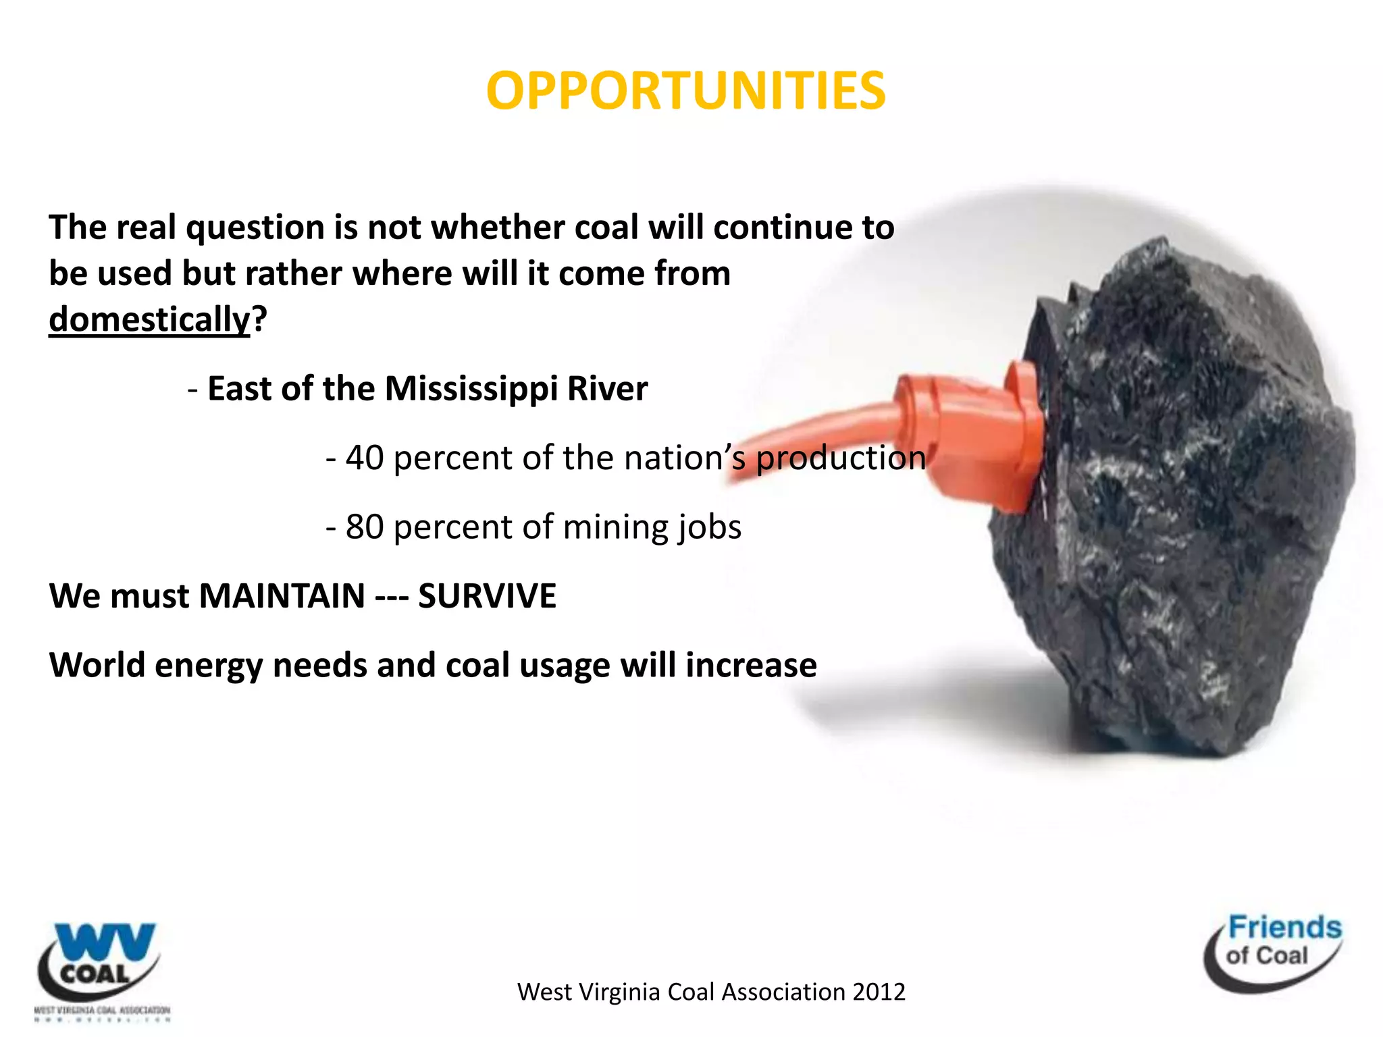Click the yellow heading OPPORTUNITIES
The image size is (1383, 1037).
pos(685,91)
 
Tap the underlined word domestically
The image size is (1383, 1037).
pos(149,319)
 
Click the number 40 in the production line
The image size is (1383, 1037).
pos(365,458)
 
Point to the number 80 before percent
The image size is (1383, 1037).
pos(365,527)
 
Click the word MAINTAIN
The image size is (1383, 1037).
pos(282,596)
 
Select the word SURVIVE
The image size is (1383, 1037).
pos(487,596)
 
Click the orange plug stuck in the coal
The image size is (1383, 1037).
pos(972,432)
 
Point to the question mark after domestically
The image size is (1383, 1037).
pos(260,319)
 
